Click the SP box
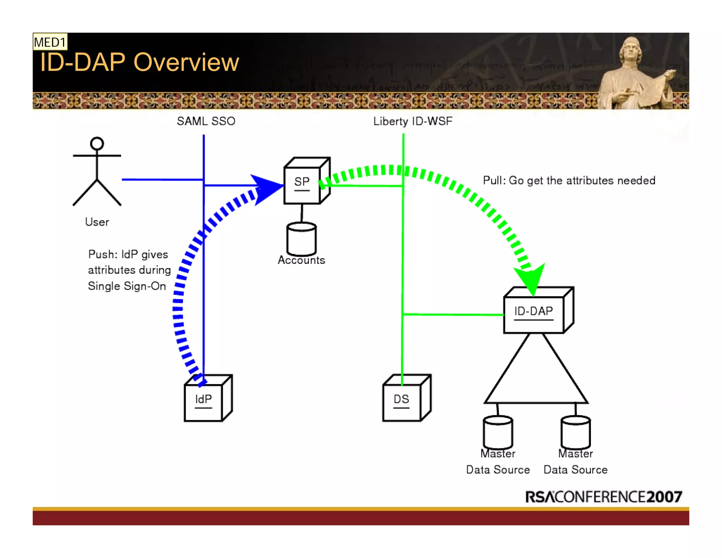[302, 185]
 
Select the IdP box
[204, 402]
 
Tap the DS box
[402, 402]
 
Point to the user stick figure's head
[97, 144]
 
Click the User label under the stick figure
[97, 222]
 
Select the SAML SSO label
[206, 121]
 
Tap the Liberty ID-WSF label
[412, 121]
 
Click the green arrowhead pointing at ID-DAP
[531, 279]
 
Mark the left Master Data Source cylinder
[498, 432]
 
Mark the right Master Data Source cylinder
[575, 432]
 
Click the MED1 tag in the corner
[50, 42]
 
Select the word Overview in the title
[186, 62]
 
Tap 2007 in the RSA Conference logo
[664, 497]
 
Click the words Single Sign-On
[127, 286]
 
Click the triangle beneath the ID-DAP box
[536, 377]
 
